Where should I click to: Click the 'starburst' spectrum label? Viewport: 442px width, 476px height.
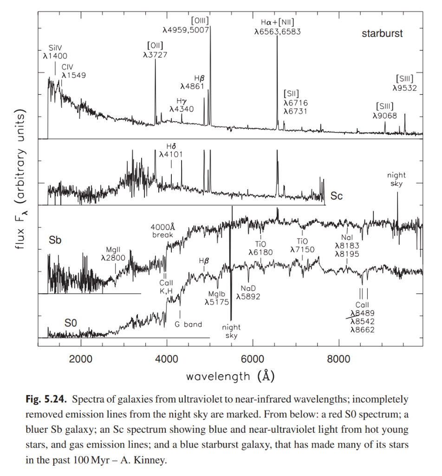click(382, 34)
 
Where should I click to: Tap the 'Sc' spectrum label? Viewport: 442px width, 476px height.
click(337, 196)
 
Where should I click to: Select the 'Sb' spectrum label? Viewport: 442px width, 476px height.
click(55, 240)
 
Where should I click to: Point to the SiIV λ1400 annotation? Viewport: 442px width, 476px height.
click(55, 52)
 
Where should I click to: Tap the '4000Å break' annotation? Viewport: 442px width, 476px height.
click(162, 231)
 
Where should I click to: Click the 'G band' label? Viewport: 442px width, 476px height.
click(188, 324)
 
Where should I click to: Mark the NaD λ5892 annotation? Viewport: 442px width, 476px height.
click(248, 292)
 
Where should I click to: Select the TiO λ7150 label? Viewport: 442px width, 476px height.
click(302, 245)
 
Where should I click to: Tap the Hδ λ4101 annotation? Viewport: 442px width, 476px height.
click(171, 150)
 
